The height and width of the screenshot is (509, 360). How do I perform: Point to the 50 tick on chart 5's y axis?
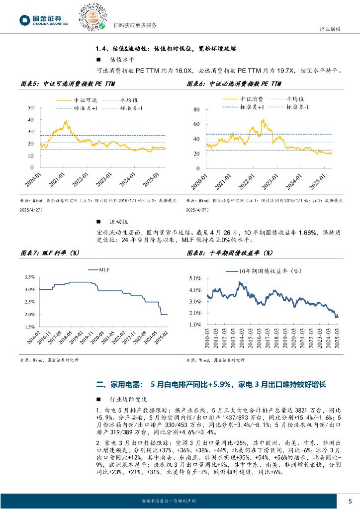(31, 108)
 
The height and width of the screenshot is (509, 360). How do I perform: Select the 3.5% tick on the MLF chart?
(29, 277)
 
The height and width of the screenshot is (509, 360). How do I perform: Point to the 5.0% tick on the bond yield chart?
(194, 278)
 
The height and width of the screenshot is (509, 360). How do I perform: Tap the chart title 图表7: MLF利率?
(52, 253)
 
